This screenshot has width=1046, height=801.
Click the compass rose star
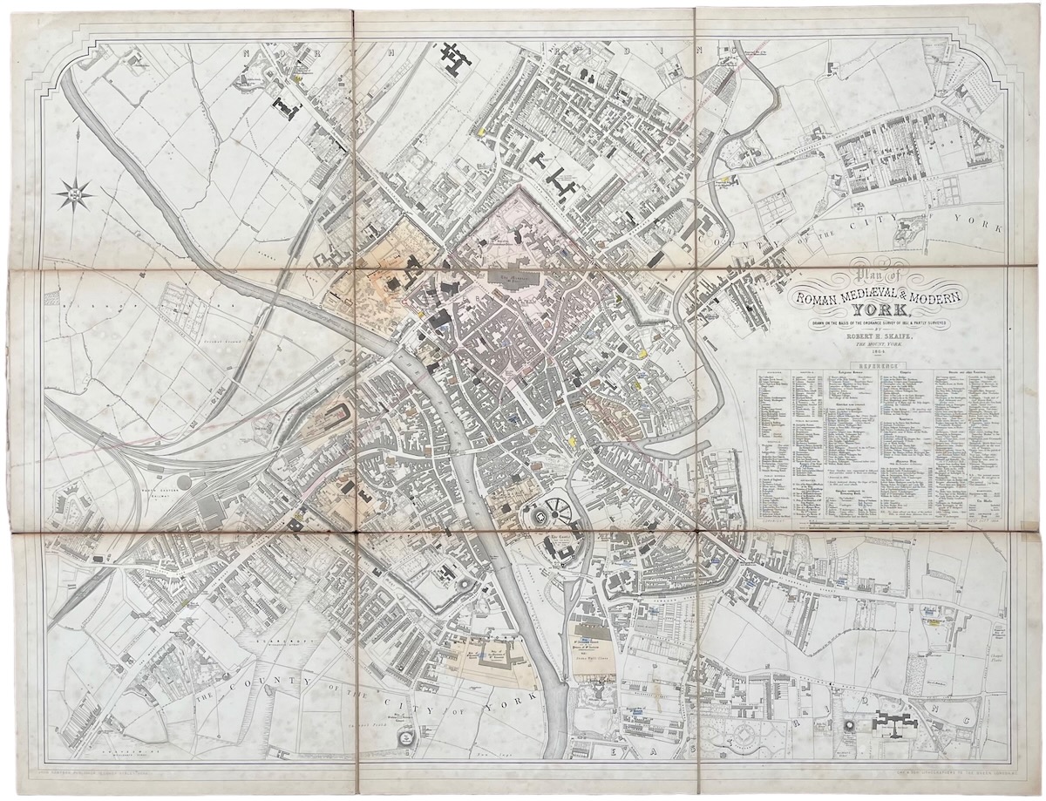(x=77, y=193)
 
